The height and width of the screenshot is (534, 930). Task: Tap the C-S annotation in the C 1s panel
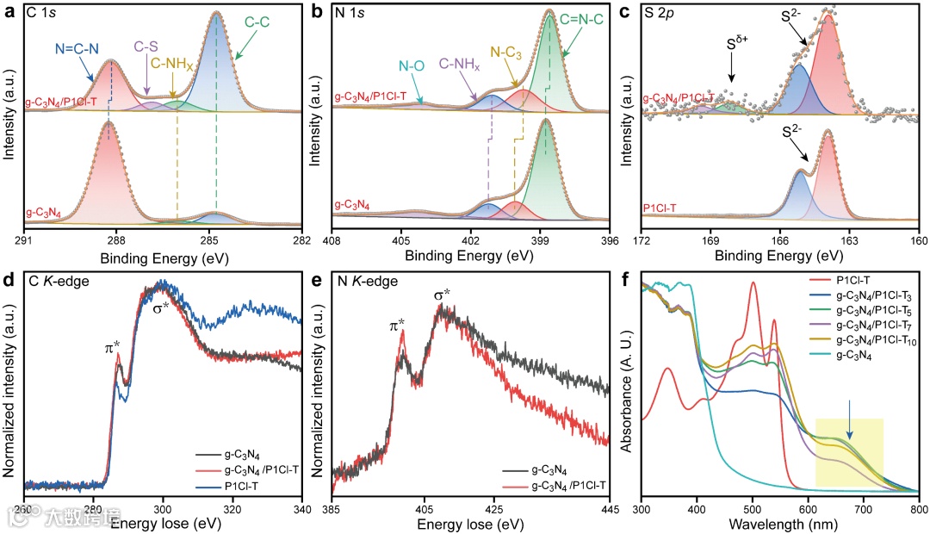[x=147, y=47]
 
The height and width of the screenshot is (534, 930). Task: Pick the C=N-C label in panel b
[x=586, y=39]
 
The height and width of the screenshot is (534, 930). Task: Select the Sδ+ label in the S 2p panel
[x=732, y=42]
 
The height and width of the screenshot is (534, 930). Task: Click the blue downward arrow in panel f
[x=850, y=431]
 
